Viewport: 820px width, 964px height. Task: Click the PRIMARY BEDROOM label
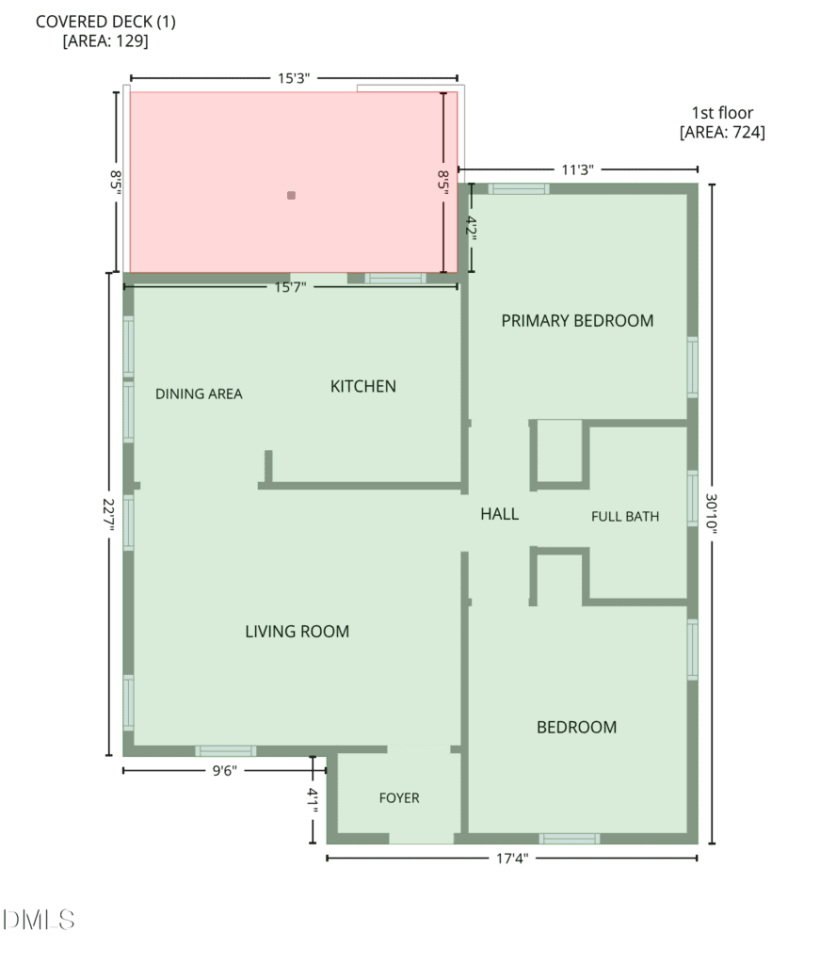point(577,321)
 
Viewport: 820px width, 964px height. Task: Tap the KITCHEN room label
point(363,386)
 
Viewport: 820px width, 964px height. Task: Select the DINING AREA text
point(199,394)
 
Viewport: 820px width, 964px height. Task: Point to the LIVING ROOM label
point(297,632)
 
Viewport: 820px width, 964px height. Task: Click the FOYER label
point(399,798)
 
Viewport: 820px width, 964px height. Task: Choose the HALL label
point(499,514)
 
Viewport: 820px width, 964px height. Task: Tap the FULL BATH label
point(625,517)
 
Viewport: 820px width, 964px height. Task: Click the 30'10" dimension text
point(711,513)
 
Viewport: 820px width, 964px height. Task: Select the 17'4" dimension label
point(512,859)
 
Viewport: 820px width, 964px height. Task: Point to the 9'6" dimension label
point(224,771)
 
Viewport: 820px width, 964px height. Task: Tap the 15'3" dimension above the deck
point(294,78)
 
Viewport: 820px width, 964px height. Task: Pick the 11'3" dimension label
point(578,169)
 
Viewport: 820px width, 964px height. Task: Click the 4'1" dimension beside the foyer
point(313,800)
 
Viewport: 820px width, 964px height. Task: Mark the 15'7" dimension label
point(290,287)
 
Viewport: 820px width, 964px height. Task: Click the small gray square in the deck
point(291,196)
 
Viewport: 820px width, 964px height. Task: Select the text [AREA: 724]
point(722,132)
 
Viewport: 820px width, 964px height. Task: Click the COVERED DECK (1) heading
point(105,22)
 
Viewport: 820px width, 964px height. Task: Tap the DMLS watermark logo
point(39,920)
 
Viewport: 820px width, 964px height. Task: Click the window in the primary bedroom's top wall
point(519,188)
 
